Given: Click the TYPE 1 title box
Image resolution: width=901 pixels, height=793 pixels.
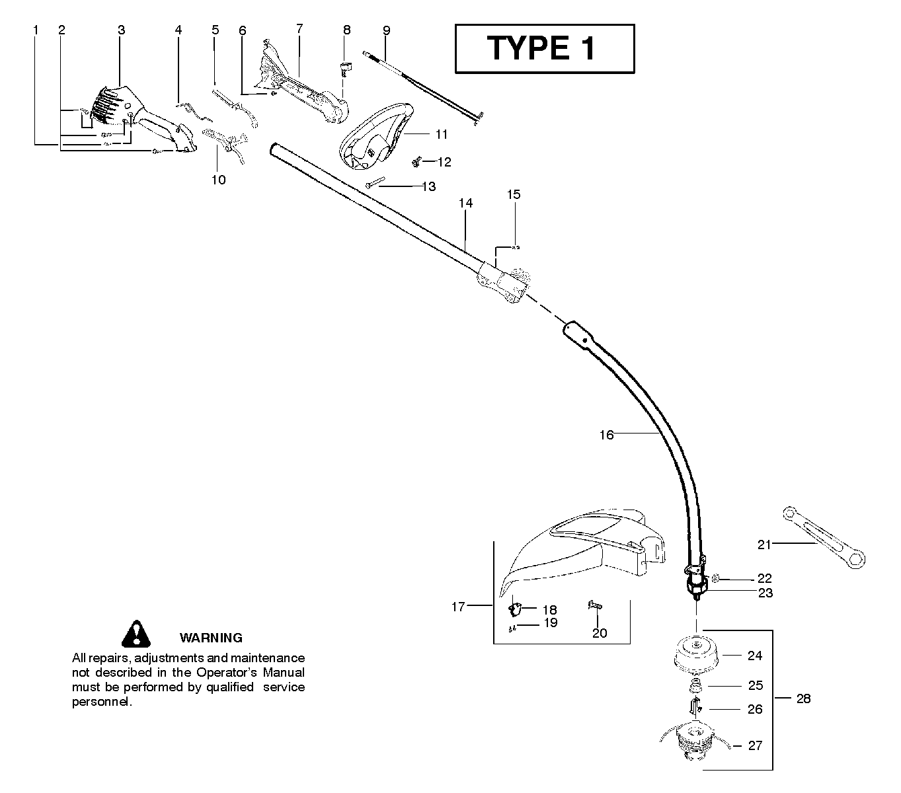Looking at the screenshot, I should pos(545,49).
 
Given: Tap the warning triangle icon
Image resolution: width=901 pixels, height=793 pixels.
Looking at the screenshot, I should pos(136,634).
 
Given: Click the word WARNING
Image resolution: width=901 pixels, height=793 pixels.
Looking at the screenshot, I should pos(211,638).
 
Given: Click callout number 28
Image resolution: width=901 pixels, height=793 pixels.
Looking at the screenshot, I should pos(803,699).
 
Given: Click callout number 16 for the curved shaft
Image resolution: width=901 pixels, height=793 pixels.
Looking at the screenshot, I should pos(606,435).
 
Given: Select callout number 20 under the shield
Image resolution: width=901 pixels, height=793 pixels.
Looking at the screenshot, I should pos(599,633).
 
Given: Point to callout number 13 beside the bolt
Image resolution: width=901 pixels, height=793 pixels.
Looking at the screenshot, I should pos(428,187).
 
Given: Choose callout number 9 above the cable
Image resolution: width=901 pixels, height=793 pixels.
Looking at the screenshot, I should pos(386,30).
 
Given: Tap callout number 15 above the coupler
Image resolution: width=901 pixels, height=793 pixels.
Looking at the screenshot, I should pos(514,194).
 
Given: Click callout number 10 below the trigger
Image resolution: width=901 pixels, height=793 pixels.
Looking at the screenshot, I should pos(218,179).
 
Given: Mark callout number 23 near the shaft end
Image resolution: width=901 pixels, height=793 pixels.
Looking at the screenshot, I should pos(765,593).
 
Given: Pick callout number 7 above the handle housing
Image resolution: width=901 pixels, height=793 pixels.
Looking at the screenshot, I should pos(299,28).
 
